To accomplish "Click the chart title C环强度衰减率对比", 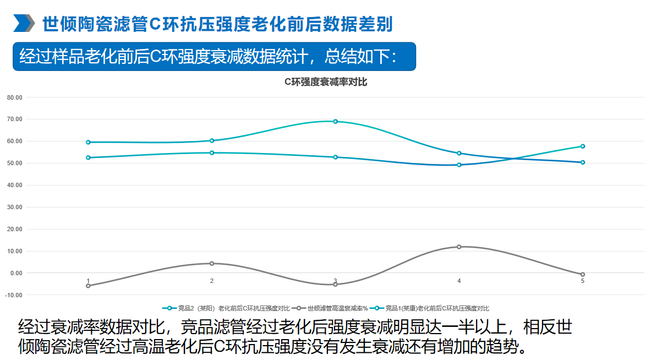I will pos(325,82).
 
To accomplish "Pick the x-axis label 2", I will pos(212,281).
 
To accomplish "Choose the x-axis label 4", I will pos(459,281).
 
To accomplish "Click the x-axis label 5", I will pos(583,281).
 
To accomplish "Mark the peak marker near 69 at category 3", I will pos(336,122).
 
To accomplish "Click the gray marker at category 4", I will pos(459,247).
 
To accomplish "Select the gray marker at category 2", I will pos(212,264).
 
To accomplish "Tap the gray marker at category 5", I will pos(583,274).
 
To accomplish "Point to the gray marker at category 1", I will pos(88,286).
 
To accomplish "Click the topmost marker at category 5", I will pos(583,146).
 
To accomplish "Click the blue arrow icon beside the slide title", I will pos(24,24).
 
